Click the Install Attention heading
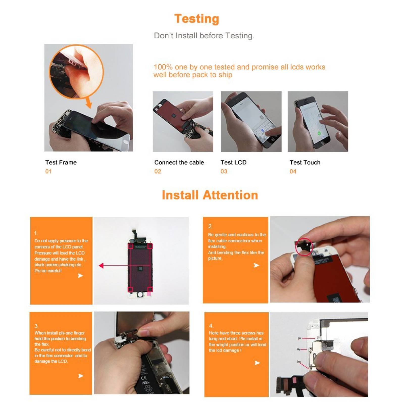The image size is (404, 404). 210,195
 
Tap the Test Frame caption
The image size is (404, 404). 61,162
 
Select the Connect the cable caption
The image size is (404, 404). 179,162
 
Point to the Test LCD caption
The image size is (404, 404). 234,162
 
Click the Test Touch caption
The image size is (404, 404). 305,162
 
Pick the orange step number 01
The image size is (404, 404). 48,171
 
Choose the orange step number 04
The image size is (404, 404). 293,171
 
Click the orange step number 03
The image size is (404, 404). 224,171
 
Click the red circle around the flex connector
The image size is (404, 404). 304,247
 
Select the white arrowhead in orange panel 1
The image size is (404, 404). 80,275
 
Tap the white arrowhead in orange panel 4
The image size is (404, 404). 257,363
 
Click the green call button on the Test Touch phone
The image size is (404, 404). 319,133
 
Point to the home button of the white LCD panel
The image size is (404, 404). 140,294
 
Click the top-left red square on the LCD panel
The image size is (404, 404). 131,246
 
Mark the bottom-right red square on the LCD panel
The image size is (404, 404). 150,289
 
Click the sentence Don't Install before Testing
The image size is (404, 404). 204,36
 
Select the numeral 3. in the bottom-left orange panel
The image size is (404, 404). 37,326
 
